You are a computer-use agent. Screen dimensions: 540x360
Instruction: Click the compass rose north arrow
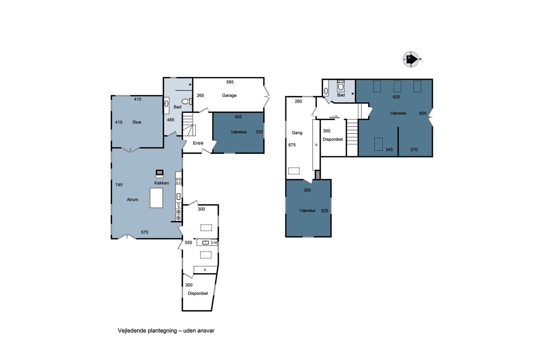click(412, 59)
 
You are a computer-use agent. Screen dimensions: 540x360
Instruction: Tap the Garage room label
click(229, 95)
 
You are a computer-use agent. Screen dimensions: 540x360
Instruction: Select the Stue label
click(137, 122)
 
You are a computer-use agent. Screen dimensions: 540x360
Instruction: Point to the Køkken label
click(162, 183)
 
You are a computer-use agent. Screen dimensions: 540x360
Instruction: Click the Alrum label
click(132, 200)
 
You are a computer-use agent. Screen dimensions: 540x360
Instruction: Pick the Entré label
click(198, 143)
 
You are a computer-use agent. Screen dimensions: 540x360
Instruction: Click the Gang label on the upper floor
click(297, 133)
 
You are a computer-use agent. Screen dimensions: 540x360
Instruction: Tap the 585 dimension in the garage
click(230, 82)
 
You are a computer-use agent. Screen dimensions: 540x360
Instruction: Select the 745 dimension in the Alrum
click(119, 184)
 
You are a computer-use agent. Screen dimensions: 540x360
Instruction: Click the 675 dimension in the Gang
click(292, 145)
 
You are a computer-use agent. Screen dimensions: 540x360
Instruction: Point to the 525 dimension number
click(324, 211)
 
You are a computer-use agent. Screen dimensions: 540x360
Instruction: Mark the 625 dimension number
click(396, 97)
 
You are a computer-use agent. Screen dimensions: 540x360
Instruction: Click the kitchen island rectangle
click(156, 198)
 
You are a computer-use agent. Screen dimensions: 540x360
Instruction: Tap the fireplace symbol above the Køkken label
click(160, 174)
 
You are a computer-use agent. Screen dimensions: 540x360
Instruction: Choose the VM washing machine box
click(214, 243)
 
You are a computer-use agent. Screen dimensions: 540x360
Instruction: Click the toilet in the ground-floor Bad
click(187, 101)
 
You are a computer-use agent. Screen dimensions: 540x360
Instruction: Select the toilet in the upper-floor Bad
click(341, 85)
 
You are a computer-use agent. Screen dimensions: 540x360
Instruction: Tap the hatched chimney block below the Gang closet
click(318, 175)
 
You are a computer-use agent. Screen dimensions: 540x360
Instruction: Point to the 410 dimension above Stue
click(138, 99)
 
